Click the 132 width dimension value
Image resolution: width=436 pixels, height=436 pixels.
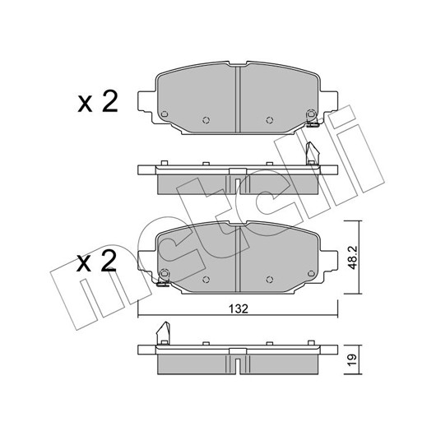(239, 309)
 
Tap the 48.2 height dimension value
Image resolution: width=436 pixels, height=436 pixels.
(353, 257)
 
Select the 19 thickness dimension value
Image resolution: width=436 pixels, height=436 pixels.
(352, 360)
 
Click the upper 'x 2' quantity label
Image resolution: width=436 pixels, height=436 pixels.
(98, 101)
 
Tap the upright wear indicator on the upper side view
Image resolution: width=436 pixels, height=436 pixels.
(312, 154)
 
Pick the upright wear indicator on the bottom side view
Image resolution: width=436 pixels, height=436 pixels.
(163, 333)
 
